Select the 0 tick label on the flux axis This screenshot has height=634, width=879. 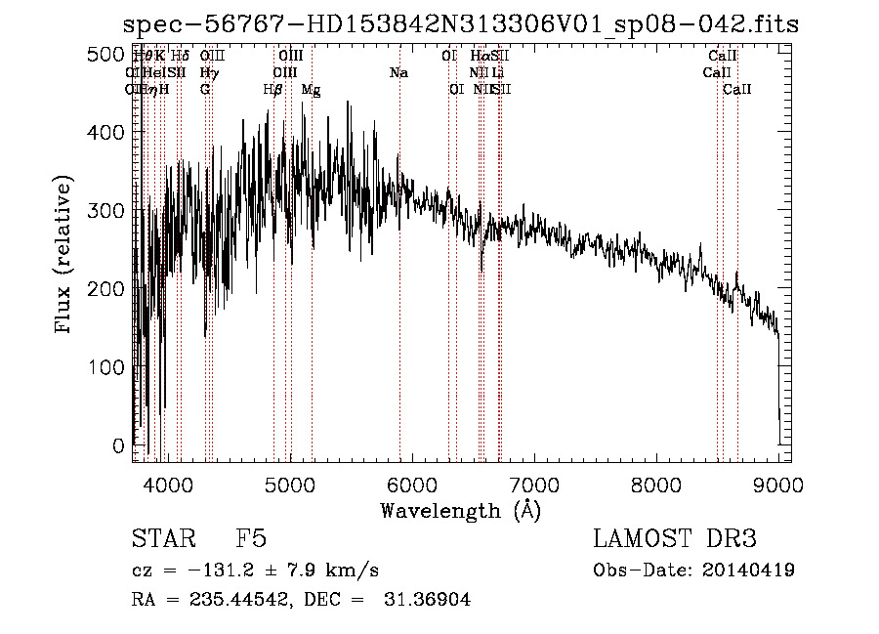coord(117,445)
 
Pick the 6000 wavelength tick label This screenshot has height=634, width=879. coord(412,484)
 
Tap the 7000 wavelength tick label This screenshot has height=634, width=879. coord(534,484)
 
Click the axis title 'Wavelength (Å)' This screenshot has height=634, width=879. coord(460,510)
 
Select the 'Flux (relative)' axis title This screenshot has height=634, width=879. coord(64,256)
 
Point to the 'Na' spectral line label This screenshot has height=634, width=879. coord(398,73)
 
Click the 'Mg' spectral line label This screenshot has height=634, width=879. coord(311,90)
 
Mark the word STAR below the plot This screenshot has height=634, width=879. coord(164,539)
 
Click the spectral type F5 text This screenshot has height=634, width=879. coord(251,539)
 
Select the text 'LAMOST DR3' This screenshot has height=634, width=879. coord(675,539)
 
